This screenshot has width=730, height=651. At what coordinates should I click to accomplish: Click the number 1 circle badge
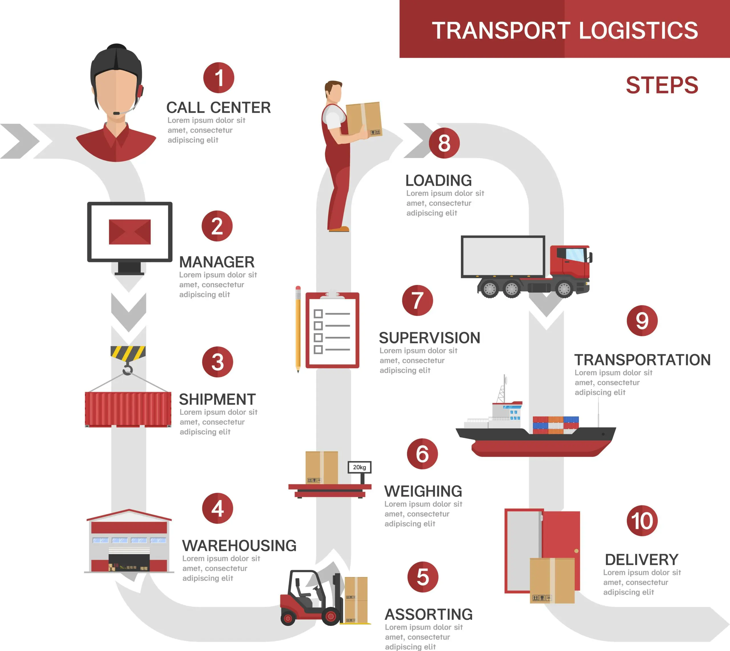coord(219,78)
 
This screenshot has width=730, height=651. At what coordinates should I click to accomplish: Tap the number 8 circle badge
coord(444,143)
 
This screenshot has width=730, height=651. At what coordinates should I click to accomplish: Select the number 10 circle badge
coord(642,520)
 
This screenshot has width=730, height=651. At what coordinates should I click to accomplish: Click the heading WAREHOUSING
coord(239,546)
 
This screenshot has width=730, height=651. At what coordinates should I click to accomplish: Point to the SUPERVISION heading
coord(429,338)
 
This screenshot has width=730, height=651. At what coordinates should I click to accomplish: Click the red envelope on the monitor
coord(129,232)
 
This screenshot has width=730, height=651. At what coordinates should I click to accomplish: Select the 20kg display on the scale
coord(359,467)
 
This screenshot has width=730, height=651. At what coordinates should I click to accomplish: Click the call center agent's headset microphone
coord(117,113)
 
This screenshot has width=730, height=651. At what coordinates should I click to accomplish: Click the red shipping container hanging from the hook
coord(128,409)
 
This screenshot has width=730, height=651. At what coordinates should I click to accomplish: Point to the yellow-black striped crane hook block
coord(128,352)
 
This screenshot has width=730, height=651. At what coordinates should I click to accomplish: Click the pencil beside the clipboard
coord(298,329)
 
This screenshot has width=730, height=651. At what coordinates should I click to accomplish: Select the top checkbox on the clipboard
coord(318,314)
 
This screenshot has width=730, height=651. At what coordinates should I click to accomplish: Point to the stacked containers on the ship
coord(555,425)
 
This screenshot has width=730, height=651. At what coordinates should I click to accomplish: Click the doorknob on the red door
coord(576,551)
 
